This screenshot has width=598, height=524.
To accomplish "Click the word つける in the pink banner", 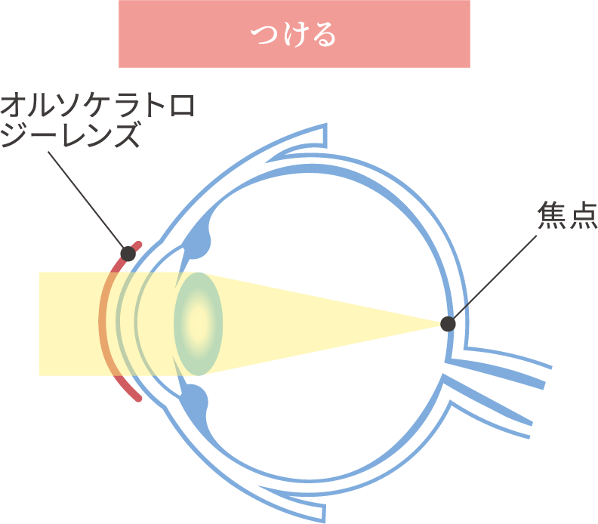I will (294, 35).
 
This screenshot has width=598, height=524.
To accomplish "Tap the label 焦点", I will (566, 217).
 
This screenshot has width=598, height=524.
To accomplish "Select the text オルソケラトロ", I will (97, 106).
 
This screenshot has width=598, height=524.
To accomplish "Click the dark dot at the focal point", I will (448, 324).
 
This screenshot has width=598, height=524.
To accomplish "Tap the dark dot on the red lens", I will (128, 254).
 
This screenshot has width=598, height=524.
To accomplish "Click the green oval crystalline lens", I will (198, 323).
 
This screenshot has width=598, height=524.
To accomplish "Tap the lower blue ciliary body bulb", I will (198, 400).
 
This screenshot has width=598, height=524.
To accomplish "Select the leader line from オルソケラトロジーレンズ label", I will (87, 199).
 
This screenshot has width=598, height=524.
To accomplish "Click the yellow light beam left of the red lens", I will (68, 323).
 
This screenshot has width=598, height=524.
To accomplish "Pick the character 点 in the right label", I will (582, 217).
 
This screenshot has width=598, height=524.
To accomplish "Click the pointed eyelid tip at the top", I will (324, 136).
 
